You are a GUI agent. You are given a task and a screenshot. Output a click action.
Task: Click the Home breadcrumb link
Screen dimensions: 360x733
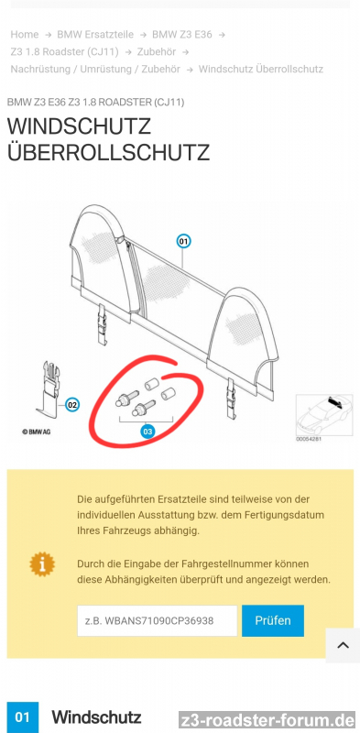pos(25,35)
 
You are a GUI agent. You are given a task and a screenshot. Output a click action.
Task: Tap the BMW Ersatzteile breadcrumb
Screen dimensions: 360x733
pos(95,35)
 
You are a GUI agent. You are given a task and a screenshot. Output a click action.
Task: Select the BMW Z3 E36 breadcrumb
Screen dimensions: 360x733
pos(182,35)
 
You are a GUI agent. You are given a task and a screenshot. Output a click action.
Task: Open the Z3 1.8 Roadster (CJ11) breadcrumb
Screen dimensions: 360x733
pos(64,52)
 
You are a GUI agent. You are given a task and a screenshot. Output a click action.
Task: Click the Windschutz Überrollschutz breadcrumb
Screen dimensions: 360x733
pos(261,70)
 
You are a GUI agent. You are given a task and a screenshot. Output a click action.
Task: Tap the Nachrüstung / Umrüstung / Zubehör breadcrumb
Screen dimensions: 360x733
pos(95,70)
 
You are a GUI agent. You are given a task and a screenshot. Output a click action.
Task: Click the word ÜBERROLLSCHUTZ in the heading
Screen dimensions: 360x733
pos(108,153)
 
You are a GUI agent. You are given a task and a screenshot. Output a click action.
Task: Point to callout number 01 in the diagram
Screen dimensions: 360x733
pos(183,241)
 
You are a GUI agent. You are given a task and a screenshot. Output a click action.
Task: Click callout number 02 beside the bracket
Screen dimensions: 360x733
pos(72,404)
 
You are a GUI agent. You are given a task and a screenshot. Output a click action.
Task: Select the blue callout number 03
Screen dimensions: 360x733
pos(147,432)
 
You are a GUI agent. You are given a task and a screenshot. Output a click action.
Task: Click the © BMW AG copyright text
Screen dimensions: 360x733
pos(36,432)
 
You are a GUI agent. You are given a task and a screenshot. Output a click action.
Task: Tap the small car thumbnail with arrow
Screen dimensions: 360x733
pos(324,415)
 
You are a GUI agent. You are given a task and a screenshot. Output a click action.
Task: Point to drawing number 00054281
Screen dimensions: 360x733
pos(309,439)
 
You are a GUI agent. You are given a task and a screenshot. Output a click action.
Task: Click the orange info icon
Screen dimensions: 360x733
pos(42,563)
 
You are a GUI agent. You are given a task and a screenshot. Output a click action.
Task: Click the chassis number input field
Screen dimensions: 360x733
pos(157,621)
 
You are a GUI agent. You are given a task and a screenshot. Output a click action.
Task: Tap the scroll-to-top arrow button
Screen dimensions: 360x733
pos(343,646)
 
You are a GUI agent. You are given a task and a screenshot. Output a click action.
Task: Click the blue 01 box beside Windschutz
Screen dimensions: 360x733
pos(22,717)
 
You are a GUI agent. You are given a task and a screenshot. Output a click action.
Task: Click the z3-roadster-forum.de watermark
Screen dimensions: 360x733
pos(267,719)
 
